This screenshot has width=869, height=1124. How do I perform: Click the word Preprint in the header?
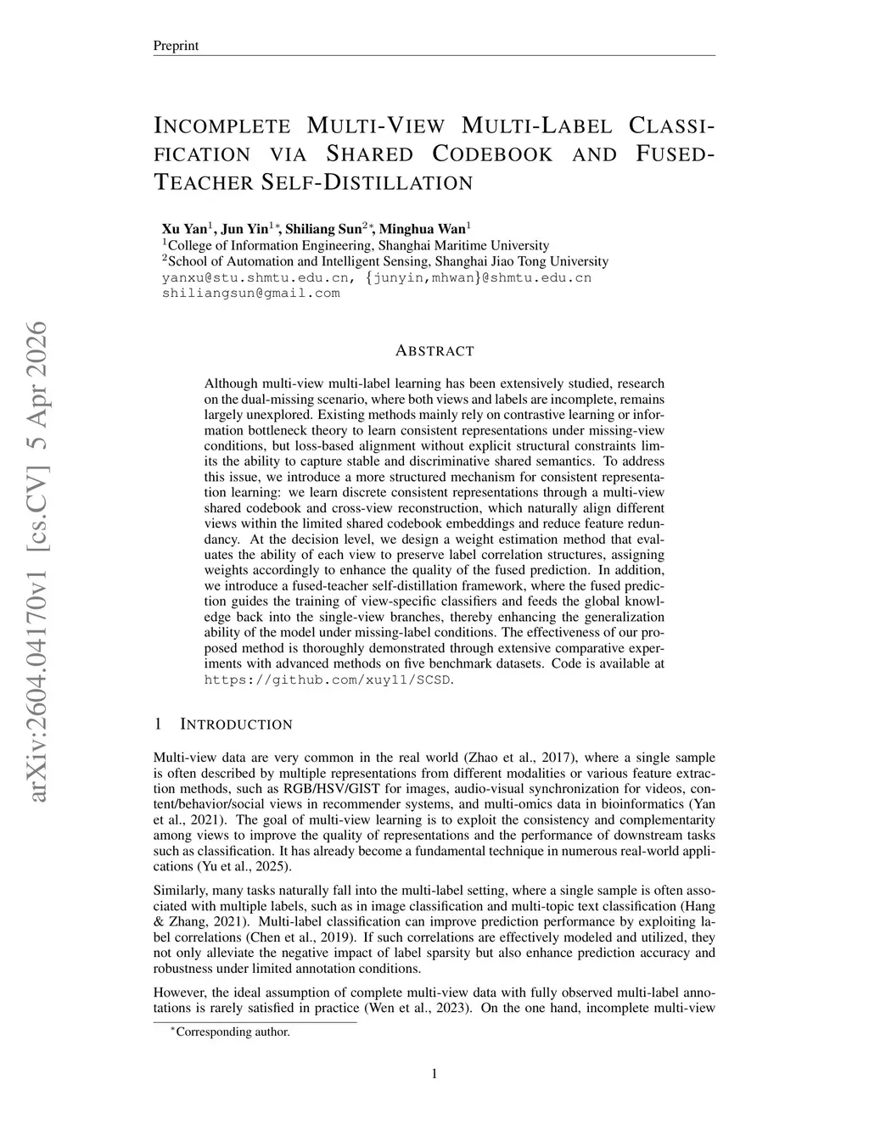[x=176, y=46]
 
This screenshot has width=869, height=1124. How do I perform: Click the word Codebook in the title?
[x=492, y=154]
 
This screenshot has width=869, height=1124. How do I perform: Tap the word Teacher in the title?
[x=204, y=182]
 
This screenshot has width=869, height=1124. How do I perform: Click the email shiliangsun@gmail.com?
[x=250, y=294]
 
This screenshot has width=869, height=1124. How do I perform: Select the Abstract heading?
[x=434, y=351]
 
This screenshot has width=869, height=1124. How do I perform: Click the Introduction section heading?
[x=236, y=724]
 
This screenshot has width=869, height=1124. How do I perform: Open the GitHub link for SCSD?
[x=328, y=679]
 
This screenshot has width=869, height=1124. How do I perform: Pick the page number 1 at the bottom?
[x=434, y=1074]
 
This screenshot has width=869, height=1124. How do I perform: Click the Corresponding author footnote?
[x=231, y=1032]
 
